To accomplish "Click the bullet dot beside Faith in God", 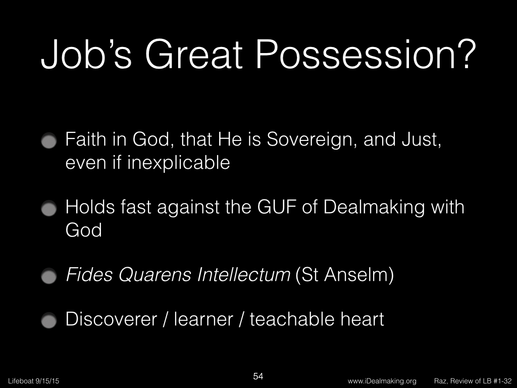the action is [x=49, y=141].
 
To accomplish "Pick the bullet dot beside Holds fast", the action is [x=49, y=209].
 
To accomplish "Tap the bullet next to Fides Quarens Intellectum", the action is [x=49, y=276].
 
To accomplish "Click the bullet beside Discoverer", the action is [x=49, y=320].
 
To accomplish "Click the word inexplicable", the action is [x=179, y=163].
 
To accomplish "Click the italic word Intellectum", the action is [x=244, y=275].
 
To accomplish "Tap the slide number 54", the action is [x=258, y=376].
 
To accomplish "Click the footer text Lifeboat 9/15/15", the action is [x=34, y=381].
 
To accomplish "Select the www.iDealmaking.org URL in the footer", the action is [x=382, y=381].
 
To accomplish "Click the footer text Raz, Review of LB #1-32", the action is [x=473, y=381].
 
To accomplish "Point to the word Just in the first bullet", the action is [x=422, y=140].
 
